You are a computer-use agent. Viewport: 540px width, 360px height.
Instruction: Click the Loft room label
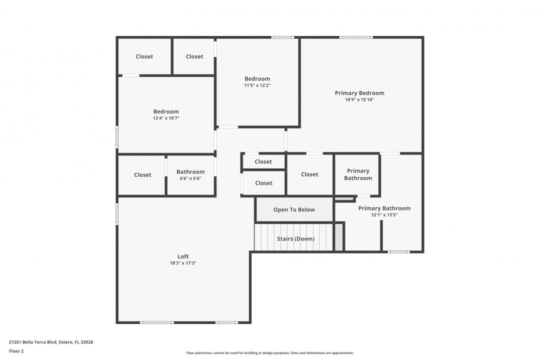click(183, 256)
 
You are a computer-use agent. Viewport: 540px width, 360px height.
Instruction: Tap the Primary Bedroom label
click(359, 93)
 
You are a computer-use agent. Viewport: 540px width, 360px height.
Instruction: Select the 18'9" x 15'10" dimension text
click(359, 100)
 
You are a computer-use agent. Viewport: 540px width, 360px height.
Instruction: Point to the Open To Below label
click(294, 209)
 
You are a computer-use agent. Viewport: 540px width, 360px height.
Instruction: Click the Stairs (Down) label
click(296, 238)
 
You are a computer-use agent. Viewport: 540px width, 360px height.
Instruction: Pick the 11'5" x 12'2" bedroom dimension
click(257, 85)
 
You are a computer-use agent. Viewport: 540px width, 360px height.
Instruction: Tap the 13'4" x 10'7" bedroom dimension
click(166, 118)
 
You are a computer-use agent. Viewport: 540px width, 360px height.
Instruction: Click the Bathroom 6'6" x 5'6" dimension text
click(190, 178)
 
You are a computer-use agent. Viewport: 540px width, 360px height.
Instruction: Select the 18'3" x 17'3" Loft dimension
click(183, 263)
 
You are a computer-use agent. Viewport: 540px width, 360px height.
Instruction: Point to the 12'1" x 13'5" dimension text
click(384, 215)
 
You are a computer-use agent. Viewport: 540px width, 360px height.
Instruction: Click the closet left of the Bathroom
click(142, 175)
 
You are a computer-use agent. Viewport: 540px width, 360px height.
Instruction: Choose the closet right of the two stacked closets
click(309, 174)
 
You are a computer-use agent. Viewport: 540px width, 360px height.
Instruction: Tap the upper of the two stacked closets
click(263, 161)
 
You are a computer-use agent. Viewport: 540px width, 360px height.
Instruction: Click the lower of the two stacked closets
click(264, 183)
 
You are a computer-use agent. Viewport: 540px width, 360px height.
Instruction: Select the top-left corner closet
click(144, 56)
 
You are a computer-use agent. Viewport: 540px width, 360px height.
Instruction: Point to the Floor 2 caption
click(16, 351)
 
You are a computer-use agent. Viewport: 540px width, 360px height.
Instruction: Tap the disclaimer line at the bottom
click(270, 353)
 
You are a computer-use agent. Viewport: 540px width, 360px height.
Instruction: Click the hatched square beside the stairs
click(339, 237)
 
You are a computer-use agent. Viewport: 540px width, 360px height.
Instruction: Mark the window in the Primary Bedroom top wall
click(356, 37)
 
